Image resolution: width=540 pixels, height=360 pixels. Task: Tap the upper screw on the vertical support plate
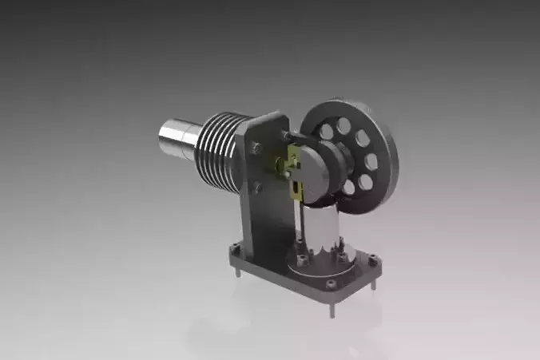pyautogui.click(x=256, y=147)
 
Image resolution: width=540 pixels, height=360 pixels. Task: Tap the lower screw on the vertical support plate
pyautogui.click(x=257, y=188)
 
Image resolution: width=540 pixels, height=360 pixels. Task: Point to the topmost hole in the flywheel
pyautogui.click(x=343, y=125)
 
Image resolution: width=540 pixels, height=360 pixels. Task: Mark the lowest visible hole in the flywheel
pyautogui.click(x=349, y=188)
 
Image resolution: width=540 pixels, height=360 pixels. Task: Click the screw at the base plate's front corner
pyautogui.click(x=330, y=283)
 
